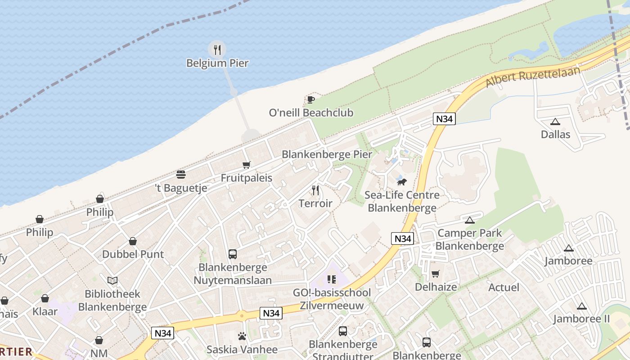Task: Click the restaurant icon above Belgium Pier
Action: point(217,49)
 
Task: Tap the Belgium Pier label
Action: point(217,63)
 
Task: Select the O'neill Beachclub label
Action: point(311,112)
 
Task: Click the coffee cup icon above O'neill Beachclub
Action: point(310,99)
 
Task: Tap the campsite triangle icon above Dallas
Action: point(555,121)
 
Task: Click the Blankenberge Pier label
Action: point(327,154)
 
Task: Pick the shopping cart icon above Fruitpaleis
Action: point(246,165)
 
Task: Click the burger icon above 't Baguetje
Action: point(181,175)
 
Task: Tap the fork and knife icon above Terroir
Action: point(315,190)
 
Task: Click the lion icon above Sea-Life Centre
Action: point(402,182)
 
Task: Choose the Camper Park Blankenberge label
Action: point(469,239)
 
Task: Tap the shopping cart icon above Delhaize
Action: point(435,274)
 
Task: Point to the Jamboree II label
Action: point(581,319)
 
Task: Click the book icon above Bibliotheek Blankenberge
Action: point(112,281)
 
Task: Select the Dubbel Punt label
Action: point(133,254)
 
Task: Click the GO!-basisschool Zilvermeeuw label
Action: point(332,299)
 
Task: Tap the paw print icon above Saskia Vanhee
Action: point(242,336)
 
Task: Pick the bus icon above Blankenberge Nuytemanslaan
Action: point(233,254)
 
